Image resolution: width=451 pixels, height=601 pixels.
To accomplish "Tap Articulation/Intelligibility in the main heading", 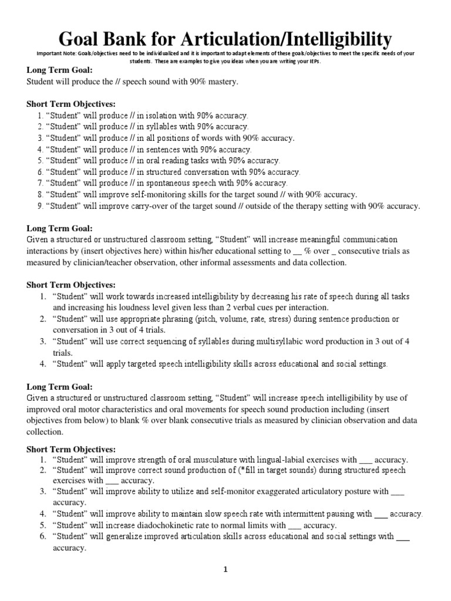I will pos(297,39).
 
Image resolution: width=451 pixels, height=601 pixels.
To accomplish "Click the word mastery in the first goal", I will pos(223,82).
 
